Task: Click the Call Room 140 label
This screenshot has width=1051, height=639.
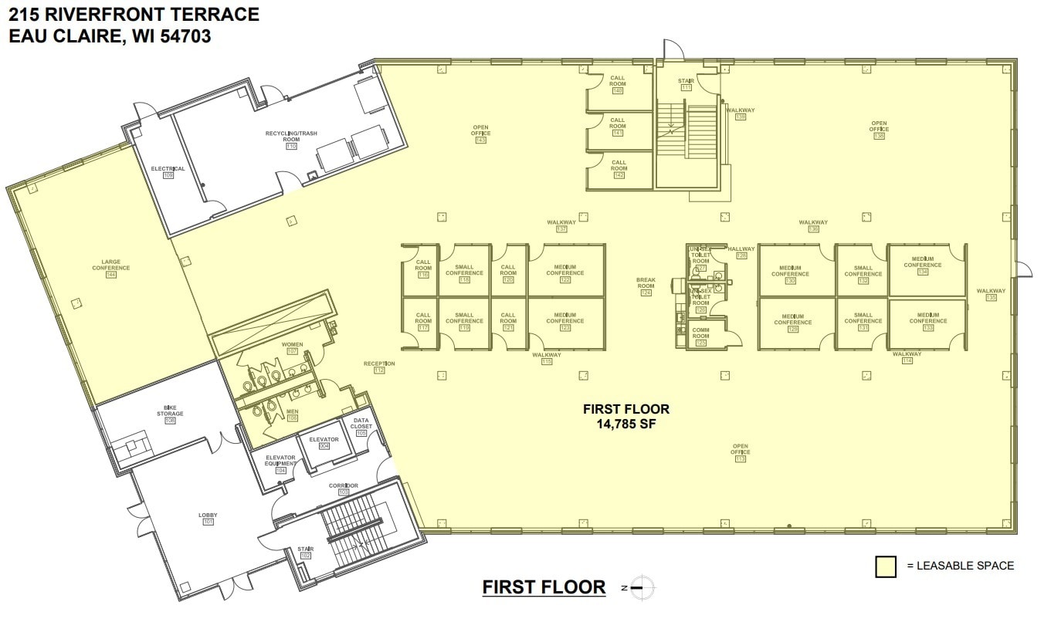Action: click(x=617, y=84)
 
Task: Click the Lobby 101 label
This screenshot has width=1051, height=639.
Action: click(x=208, y=519)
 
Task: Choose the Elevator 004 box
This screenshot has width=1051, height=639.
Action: click(x=324, y=442)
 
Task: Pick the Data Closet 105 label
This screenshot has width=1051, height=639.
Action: click(x=361, y=427)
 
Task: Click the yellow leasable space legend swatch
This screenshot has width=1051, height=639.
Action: click(x=885, y=566)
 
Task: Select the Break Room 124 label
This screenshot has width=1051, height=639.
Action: click(x=646, y=286)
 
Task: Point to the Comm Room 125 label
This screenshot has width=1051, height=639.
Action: click(x=700, y=336)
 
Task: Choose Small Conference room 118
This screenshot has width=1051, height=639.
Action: click(x=464, y=273)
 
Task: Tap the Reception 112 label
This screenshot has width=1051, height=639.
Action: click(x=379, y=367)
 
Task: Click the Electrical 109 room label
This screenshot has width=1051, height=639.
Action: click(x=168, y=171)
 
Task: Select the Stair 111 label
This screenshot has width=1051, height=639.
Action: click(x=686, y=84)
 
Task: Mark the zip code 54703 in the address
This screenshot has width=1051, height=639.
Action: click(x=185, y=36)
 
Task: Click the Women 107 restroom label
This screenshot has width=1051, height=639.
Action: click(x=292, y=347)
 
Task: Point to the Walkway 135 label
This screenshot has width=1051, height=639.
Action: click(x=991, y=294)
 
